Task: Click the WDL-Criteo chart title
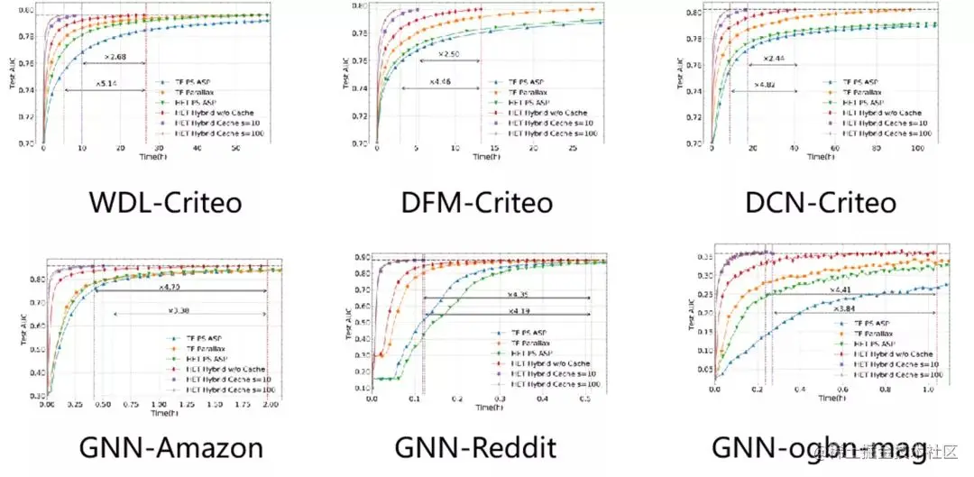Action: coord(165,201)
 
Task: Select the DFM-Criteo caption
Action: coord(477,201)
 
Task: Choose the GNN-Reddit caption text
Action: coord(476,447)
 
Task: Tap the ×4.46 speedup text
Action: coord(441,82)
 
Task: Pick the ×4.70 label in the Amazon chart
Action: coord(171,288)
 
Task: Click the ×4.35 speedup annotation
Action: coord(517,294)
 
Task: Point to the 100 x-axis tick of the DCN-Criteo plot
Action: coord(919,149)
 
